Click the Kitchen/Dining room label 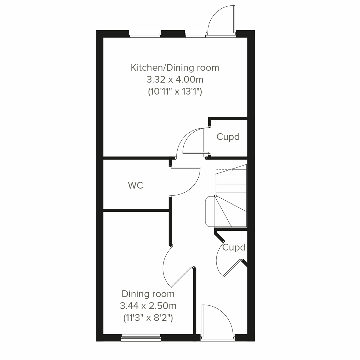[x=175, y=67]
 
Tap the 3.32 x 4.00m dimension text [x=175, y=79]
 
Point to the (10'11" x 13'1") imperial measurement [x=175, y=91]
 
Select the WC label [x=136, y=185]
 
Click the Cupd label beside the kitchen [x=228, y=137]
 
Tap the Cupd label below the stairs [x=234, y=247]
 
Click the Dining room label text [x=148, y=294]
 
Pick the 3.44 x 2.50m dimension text [x=148, y=306]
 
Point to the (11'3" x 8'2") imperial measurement [x=148, y=317]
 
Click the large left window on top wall [x=145, y=34]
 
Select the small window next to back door [x=195, y=34]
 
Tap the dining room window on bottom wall [x=141, y=338]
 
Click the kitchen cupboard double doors [x=192, y=141]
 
